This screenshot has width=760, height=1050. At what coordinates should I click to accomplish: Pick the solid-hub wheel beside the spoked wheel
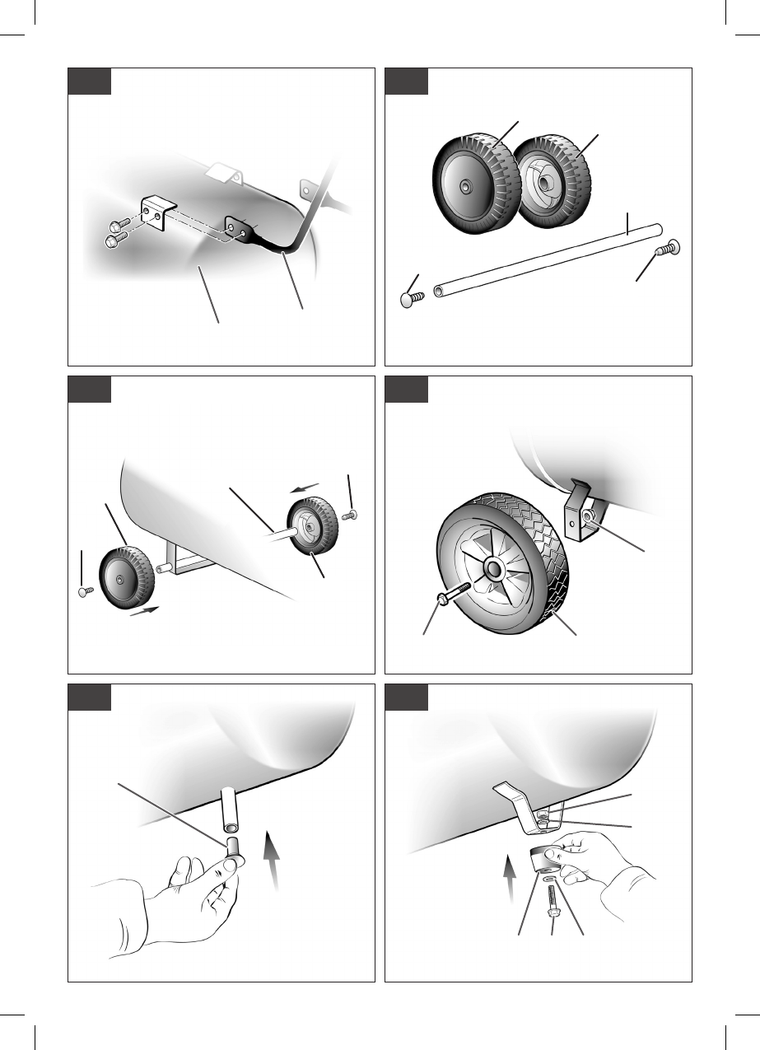point(477,184)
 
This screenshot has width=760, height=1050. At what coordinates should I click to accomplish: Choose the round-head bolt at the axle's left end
point(411,300)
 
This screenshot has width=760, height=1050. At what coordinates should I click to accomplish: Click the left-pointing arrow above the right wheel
point(305,488)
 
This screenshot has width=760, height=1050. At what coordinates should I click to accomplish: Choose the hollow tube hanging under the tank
point(229,810)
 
